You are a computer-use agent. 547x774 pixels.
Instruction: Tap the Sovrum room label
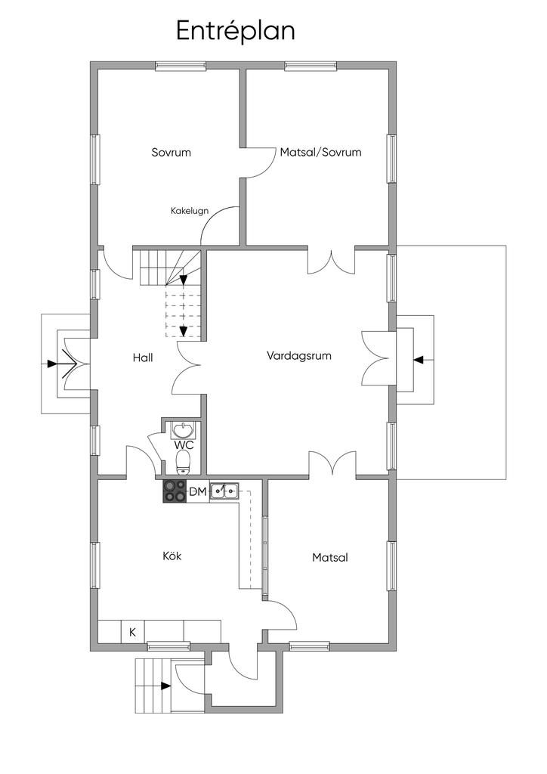171,152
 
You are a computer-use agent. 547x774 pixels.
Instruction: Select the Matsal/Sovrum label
320,152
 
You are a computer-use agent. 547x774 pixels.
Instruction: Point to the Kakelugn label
190,211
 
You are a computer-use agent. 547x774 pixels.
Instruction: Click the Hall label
143,358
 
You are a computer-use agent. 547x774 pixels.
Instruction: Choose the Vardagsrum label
299,356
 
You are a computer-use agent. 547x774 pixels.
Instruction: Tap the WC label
184,445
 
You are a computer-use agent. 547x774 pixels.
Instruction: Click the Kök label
172,556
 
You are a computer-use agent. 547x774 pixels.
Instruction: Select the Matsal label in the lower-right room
330,557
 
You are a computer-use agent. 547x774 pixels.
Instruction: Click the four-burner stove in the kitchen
175,491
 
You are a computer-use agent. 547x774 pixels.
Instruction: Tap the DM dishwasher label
198,491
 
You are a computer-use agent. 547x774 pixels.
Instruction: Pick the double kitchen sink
224,491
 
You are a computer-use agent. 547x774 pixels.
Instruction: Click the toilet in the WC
183,462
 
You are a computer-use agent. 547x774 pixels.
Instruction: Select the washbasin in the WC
183,430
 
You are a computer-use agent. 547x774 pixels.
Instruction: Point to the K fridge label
133,632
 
